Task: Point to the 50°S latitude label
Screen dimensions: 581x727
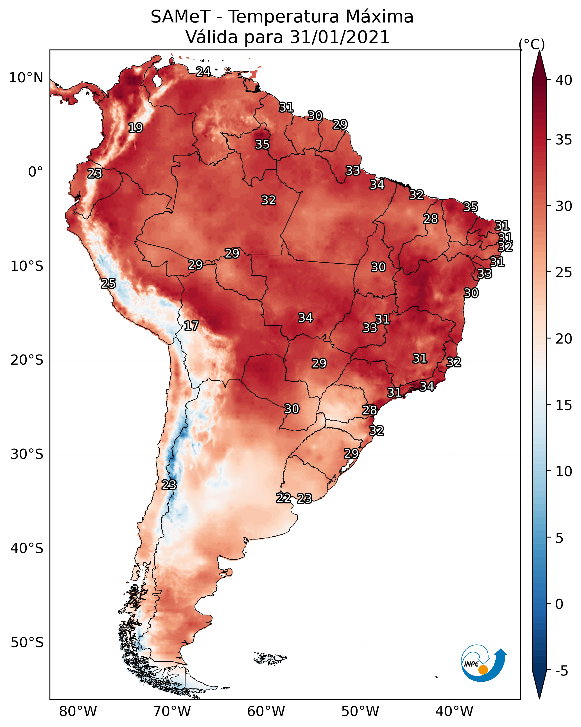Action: point(27,642)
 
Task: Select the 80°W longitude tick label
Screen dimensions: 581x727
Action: point(78,711)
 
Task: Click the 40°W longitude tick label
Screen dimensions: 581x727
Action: point(454,711)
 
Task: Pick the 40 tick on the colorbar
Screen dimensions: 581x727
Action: point(564,80)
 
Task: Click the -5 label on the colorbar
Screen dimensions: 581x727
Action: point(561,671)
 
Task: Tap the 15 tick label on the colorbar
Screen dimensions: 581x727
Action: point(564,405)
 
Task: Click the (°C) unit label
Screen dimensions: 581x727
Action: point(532,44)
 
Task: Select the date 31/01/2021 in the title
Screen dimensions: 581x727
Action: point(340,37)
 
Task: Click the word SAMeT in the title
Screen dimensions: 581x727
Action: point(181,17)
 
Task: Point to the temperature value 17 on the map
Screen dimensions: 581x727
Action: point(191,326)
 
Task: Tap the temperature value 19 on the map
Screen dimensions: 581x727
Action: point(135,128)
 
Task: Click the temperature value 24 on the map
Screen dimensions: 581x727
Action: point(203,72)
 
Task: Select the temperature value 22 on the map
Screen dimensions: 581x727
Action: point(284,498)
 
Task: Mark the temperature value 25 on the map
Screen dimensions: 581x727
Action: point(108,284)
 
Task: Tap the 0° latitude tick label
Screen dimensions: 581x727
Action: point(36,172)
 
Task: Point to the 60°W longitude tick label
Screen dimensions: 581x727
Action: point(266,711)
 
